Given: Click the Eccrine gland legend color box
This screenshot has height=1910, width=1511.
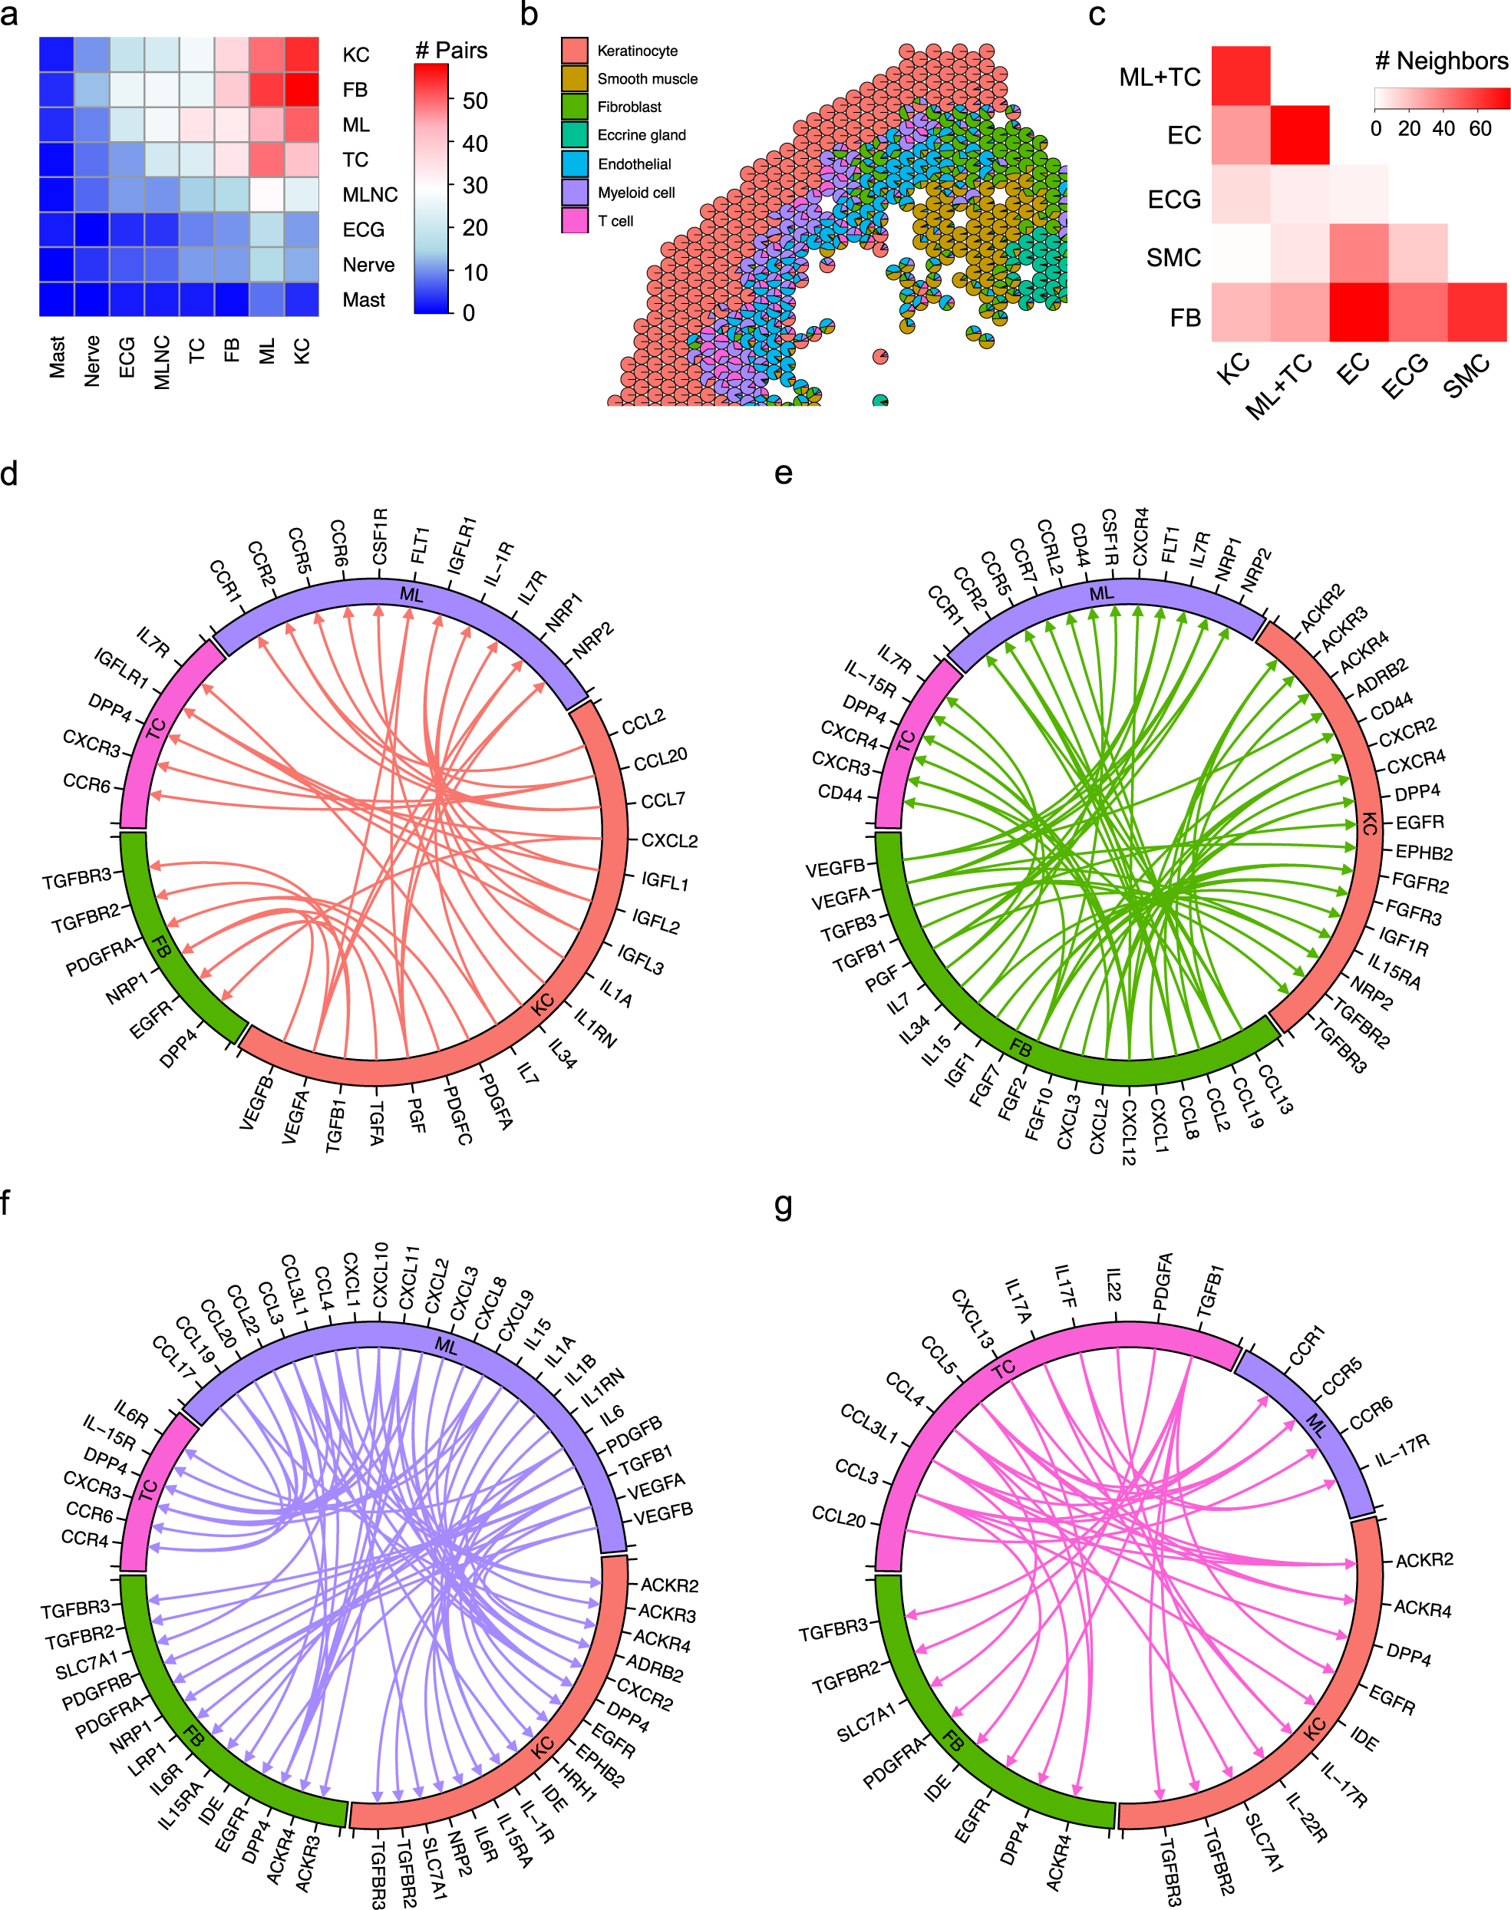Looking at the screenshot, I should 574,134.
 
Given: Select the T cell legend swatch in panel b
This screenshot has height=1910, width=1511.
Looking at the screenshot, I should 574,220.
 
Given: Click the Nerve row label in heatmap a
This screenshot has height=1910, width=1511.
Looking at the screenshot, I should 368,265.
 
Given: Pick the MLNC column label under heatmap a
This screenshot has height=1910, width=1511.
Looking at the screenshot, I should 161,361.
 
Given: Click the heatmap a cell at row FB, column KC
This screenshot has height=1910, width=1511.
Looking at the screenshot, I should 302,89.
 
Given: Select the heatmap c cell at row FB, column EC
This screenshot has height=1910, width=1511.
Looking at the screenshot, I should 1359,312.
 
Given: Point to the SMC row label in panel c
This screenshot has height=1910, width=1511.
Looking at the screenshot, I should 1173,257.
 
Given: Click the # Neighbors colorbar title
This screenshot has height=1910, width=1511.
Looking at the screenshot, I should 1440,61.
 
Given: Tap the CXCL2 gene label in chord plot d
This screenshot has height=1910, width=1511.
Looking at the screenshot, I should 669,840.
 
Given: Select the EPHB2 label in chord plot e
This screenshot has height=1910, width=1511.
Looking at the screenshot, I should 1424,853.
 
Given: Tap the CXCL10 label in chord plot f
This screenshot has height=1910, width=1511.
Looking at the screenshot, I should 380,1274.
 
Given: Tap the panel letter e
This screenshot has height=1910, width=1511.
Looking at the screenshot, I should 783,473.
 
